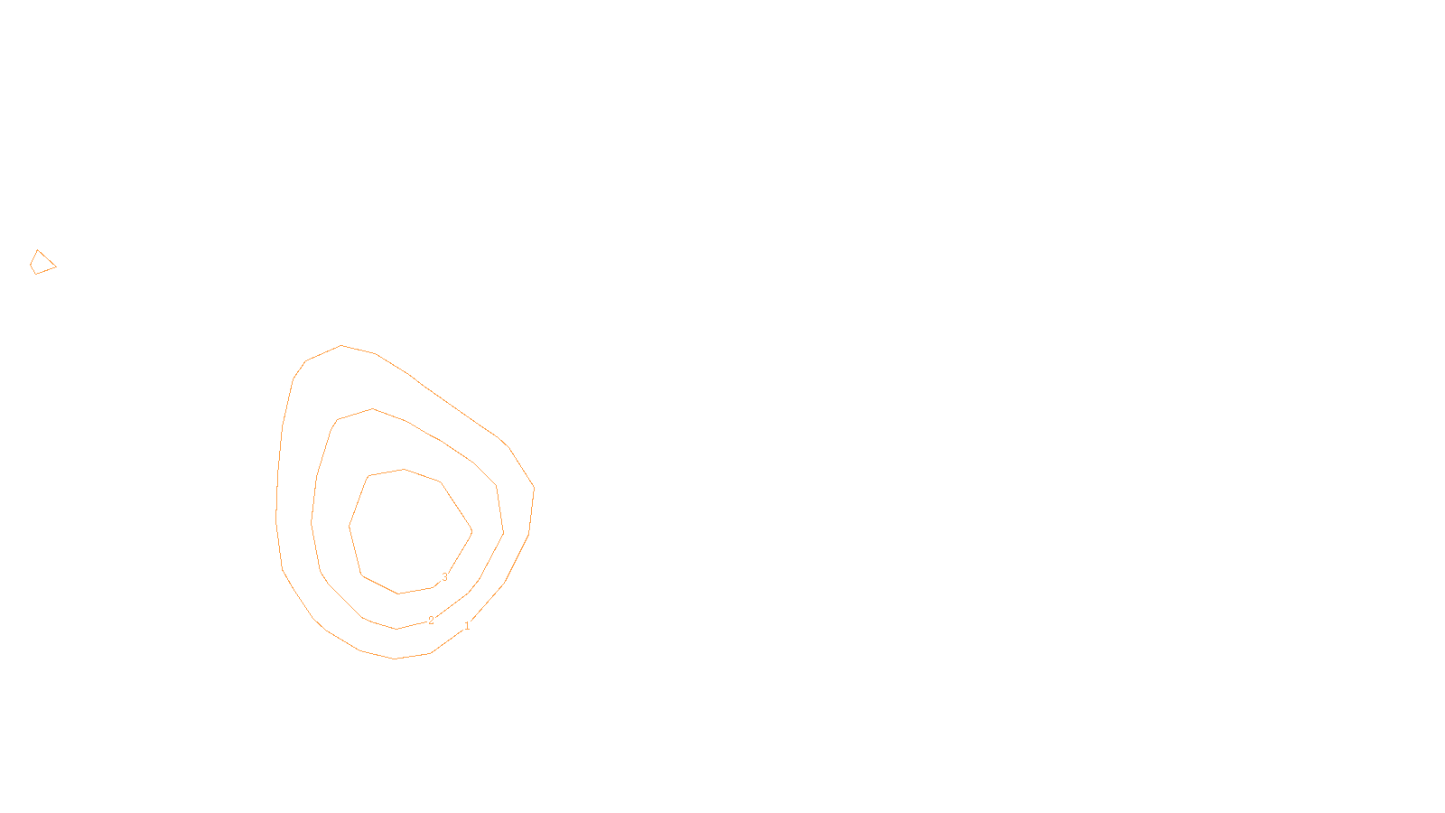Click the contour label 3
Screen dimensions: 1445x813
click(x=444, y=577)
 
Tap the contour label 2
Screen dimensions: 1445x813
click(x=431, y=621)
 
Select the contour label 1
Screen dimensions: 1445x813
click(x=467, y=626)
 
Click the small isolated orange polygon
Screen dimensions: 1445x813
click(x=42, y=264)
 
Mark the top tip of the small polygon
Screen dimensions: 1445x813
click(x=38, y=250)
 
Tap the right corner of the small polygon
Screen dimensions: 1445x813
click(x=56, y=266)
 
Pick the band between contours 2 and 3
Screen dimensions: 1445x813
click(x=334, y=524)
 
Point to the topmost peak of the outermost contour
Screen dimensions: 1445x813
click(x=341, y=345)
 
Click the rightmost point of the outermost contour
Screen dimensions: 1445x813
click(x=534, y=488)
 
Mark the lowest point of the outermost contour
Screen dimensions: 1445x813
click(x=395, y=659)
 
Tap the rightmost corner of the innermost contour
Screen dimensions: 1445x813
click(x=471, y=531)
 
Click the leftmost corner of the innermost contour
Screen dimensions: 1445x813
click(x=350, y=526)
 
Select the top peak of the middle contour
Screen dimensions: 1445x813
click(x=372, y=409)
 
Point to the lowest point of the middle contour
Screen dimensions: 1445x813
click(x=396, y=629)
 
